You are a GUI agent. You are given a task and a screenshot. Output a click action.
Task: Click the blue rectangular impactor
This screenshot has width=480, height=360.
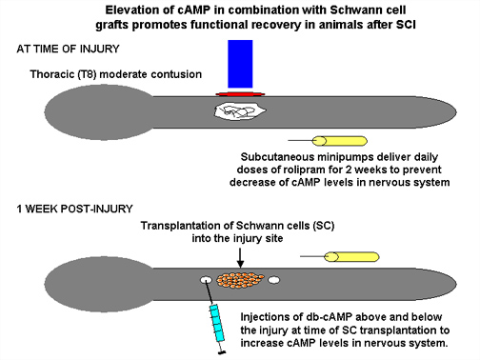[x=240, y=64]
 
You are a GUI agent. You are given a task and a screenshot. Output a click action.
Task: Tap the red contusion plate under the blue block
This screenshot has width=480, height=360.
[x=240, y=94]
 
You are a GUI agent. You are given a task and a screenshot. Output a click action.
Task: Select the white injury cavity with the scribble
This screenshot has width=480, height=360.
[x=240, y=111]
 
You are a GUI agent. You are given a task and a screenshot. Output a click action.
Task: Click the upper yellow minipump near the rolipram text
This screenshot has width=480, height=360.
[x=340, y=141]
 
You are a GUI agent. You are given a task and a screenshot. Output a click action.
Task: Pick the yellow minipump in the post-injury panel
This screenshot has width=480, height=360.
[x=351, y=256]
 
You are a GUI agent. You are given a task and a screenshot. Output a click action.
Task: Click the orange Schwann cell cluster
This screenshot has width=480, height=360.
[x=240, y=280]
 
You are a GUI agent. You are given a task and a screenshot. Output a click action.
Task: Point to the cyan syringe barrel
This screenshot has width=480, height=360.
[x=216, y=323]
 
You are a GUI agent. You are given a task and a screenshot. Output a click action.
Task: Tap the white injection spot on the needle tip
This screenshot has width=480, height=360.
[x=206, y=280]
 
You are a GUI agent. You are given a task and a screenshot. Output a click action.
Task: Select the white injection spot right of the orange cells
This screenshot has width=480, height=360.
[x=274, y=280]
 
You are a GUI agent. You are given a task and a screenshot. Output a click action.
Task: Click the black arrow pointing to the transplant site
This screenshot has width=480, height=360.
[x=240, y=258]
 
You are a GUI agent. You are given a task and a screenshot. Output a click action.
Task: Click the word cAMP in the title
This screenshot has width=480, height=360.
[x=193, y=10]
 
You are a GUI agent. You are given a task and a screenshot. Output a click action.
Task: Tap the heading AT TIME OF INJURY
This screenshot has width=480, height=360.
[x=68, y=49]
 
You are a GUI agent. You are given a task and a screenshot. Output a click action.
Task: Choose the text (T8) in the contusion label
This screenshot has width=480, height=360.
[x=87, y=74]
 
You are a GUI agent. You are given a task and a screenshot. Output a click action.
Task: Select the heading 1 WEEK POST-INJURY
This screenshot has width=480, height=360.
[x=74, y=209]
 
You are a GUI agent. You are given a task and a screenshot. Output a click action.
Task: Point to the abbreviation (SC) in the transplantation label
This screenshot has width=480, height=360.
[x=323, y=226]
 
